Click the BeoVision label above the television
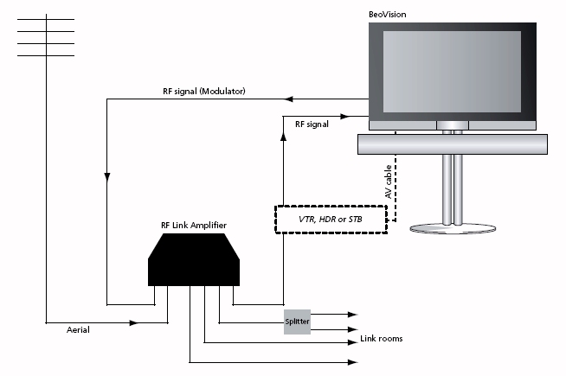388,15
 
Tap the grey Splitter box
297,322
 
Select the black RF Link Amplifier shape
194,259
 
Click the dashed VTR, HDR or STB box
331,220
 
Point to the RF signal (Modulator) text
204,92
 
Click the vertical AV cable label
389,182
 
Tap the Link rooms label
381,339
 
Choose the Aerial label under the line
78,330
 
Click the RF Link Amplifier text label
194,226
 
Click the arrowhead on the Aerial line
134,322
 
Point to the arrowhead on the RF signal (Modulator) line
288,99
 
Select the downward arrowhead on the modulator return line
106,177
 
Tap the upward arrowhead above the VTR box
283,136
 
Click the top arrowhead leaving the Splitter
352,315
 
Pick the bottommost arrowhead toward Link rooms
352,362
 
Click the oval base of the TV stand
453,228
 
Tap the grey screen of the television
452,72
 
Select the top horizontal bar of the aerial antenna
46,19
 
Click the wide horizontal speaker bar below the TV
453,144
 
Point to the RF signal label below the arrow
312,124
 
